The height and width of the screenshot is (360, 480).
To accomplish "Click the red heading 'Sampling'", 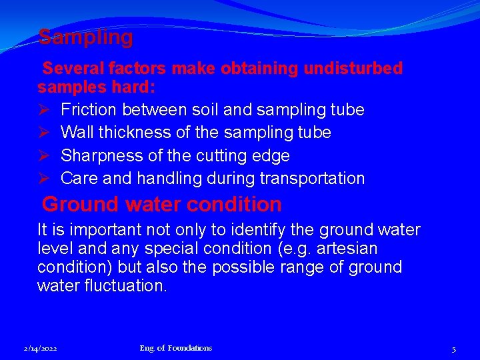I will pos(85,37).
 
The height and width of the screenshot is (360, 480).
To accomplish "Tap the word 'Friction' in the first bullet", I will pos(87,109).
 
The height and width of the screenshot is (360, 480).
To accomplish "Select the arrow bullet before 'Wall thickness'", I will pos(44,133).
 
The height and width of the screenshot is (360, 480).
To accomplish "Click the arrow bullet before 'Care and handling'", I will pos(44,179).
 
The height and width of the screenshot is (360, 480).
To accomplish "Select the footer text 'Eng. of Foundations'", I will pos(176,348).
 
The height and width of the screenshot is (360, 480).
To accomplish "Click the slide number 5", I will pos(453,349).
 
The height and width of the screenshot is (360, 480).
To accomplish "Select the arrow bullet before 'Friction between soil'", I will pos(44,109).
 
